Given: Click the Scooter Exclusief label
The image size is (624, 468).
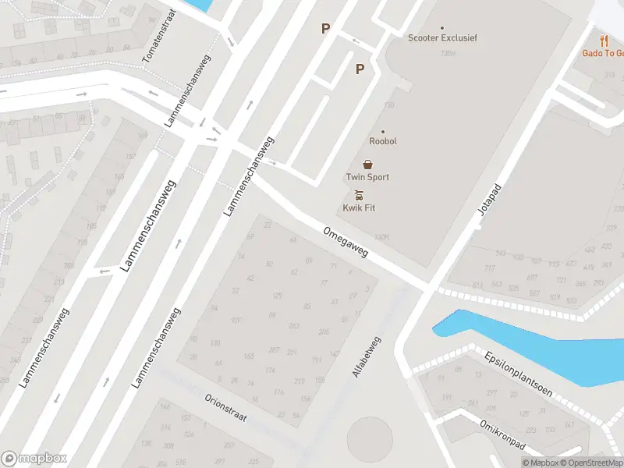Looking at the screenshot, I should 442,37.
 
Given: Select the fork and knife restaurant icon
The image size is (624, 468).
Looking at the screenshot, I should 604,41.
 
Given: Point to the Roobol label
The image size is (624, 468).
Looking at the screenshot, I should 383,141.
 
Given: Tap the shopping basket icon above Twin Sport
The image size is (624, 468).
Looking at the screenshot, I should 367,165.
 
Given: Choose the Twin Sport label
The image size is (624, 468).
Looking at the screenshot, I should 367,177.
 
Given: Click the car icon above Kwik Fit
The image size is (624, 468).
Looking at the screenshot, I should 359,195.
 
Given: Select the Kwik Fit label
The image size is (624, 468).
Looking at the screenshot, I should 359,208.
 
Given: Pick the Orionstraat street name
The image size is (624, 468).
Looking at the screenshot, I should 225,406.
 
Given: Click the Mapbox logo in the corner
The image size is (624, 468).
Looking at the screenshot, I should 34,459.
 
